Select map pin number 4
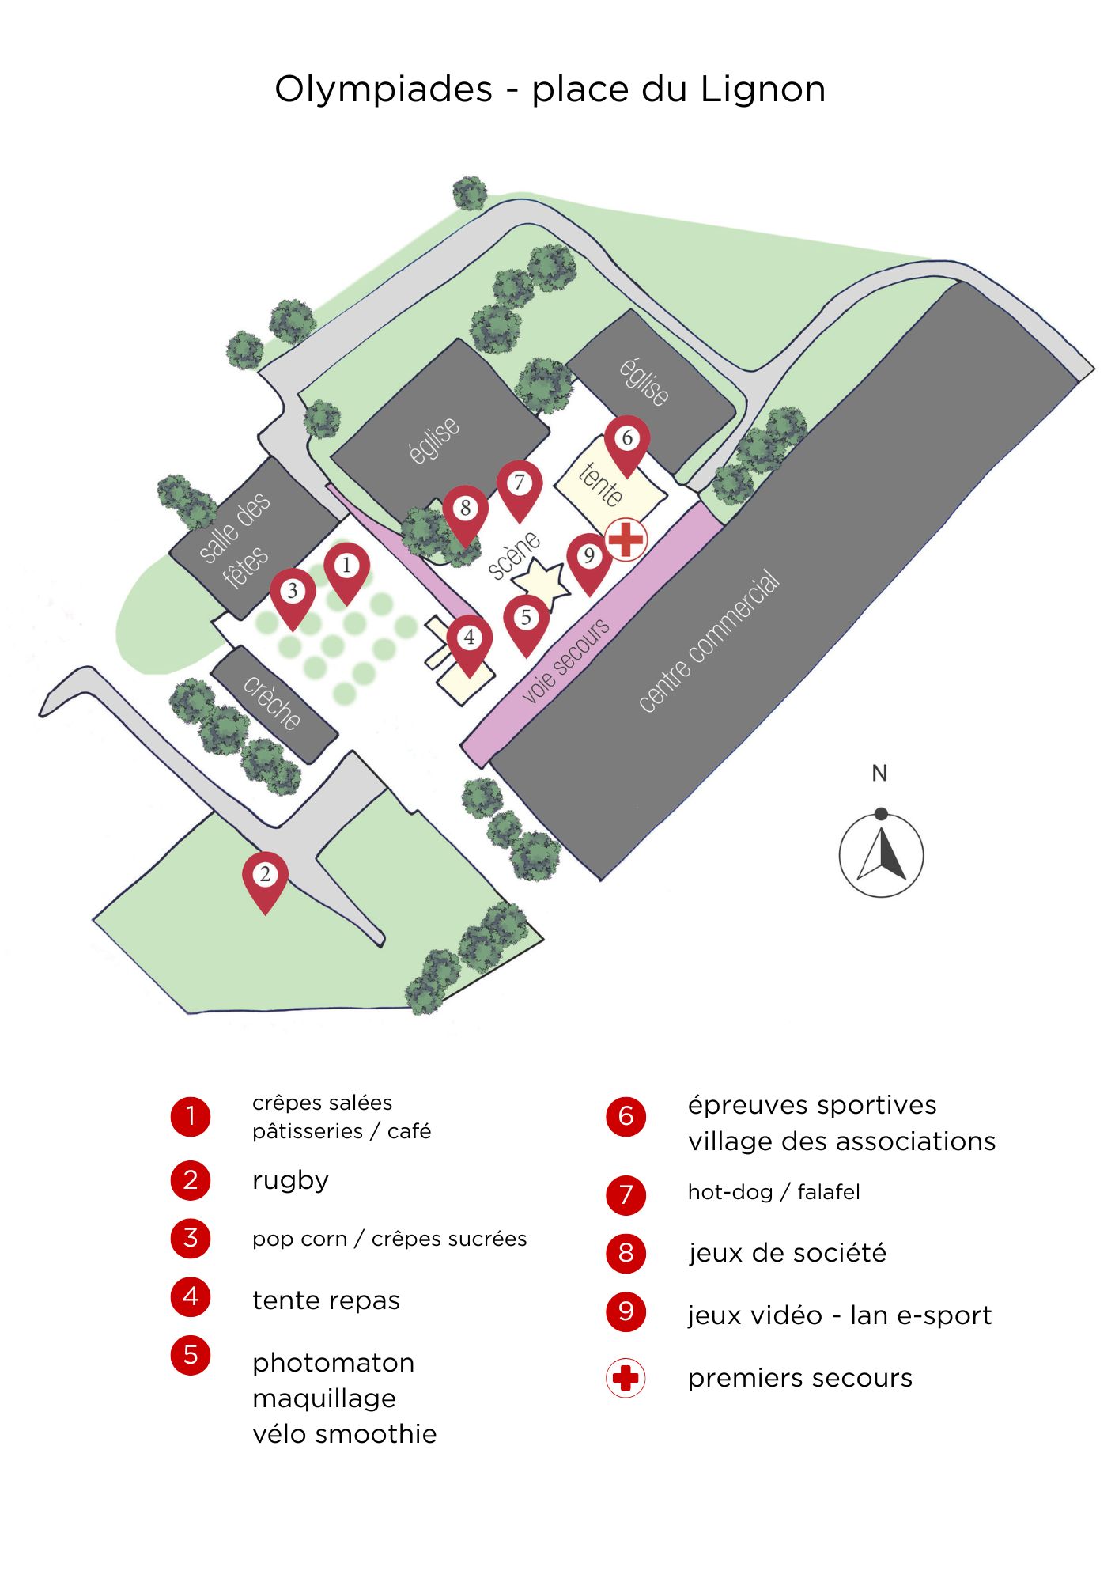470,641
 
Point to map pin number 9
589,559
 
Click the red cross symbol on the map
626,539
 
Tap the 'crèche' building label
272,702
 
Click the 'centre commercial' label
709,642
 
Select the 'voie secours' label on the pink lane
565,661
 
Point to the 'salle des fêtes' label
235,541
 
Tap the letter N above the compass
879,773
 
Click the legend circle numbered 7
626,1194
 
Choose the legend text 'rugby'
290,1180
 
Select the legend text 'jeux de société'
787,1253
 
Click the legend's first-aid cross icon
626,1378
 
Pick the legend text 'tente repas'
326,1300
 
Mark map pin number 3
293,594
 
